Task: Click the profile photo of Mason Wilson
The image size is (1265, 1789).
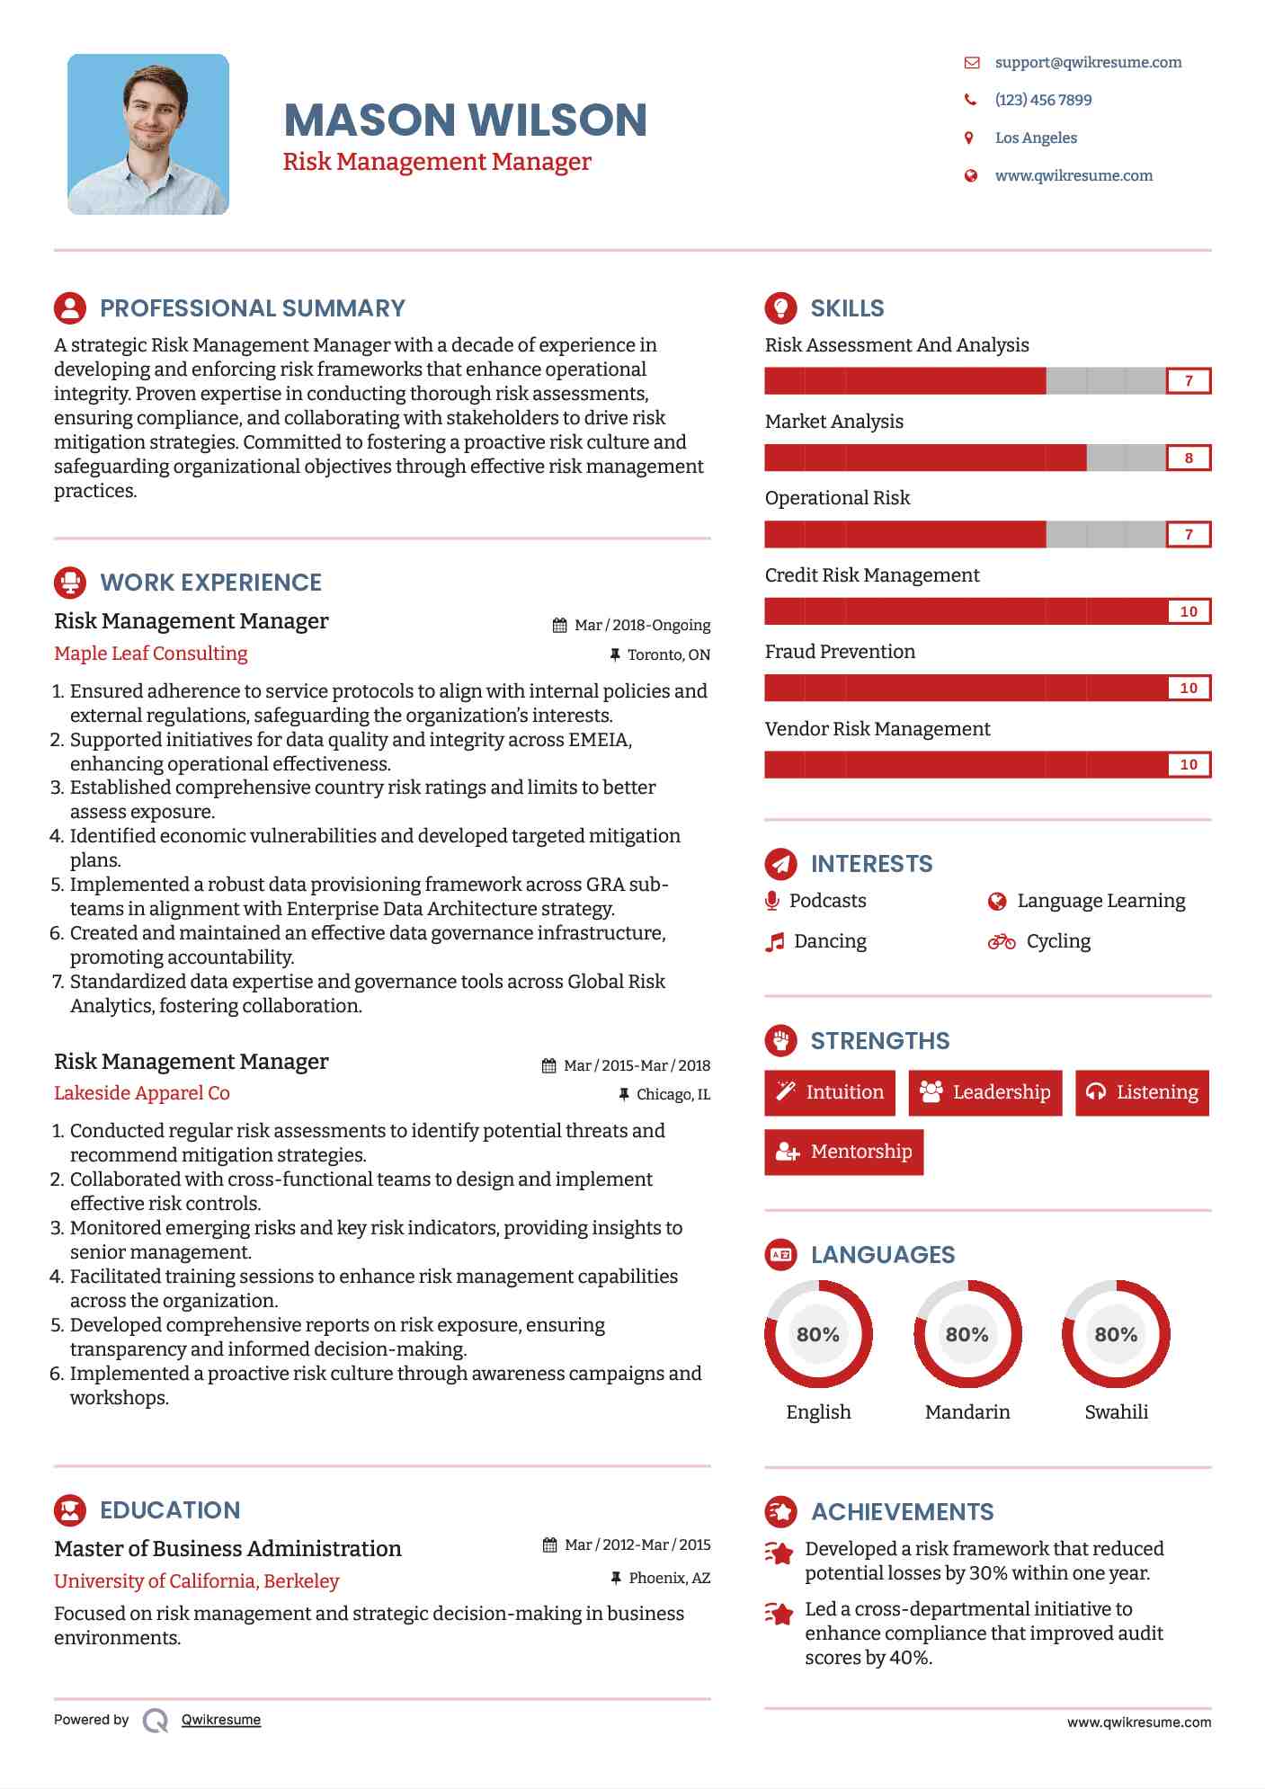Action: tap(148, 134)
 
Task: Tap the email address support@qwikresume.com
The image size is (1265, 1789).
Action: tap(1088, 62)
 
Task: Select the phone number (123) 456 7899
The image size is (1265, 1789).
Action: tap(1043, 100)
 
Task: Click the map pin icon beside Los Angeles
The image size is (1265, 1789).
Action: tap(969, 138)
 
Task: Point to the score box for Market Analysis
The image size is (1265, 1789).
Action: tap(1188, 458)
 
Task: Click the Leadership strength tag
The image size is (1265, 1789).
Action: tap(984, 1092)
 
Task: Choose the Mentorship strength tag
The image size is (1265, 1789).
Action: tap(843, 1152)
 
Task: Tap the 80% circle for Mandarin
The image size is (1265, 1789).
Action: tap(967, 1334)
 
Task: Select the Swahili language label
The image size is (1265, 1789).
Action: tap(1116, 1411)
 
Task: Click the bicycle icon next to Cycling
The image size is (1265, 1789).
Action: tap(1001, 941)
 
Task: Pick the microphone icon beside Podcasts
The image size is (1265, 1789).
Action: tap(771, 901)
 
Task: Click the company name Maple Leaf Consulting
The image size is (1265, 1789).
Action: tap(151, 654)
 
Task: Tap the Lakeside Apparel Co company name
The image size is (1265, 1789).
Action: tap(142, 1093)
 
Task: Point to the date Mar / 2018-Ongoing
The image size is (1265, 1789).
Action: tap(642, 625)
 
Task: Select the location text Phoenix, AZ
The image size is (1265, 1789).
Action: tap(669, 1578)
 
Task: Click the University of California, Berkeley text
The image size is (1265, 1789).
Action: tap(197, 1580)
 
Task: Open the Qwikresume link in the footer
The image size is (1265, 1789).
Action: tap(221, 1720)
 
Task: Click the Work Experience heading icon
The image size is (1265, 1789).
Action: tap(70, 583)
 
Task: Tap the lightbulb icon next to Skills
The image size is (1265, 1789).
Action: tap(780, 307)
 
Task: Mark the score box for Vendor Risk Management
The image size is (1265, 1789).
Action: tap(1188, 765)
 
